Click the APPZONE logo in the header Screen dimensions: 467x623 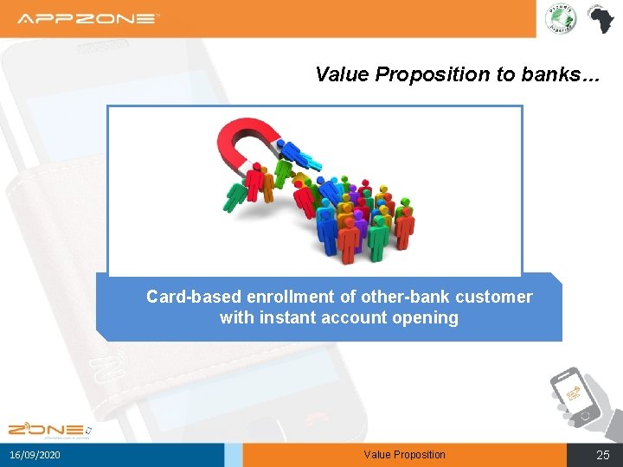click(x=88, y=18)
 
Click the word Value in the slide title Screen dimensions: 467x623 click(x=343, y=74)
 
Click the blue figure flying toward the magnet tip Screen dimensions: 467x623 click(x=304, y=156)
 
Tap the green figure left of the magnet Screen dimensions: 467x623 click(x=234, y=196)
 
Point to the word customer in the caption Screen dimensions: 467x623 click(x=497, y=297)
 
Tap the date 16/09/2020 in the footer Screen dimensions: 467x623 click(x=35, y=455)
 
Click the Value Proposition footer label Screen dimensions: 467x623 click(x=404, y=455)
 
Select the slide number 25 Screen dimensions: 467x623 click(x=603, y=455)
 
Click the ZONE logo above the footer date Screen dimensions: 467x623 click(x=47, y=429)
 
